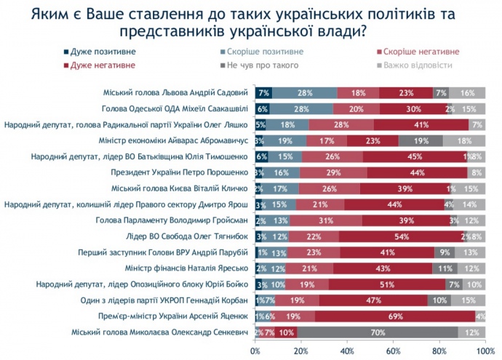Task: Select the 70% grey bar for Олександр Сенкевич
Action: coord(377,332)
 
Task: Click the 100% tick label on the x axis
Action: coord(486,351)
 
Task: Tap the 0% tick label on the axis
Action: coord(255,351)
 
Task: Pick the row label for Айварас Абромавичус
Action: coord(174,140)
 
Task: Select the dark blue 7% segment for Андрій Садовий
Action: coord(263,92)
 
